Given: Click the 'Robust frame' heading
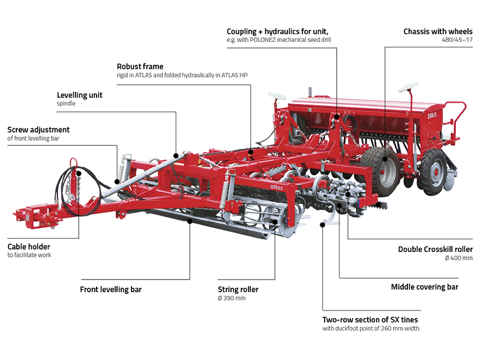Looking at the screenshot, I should (x=140, y=67).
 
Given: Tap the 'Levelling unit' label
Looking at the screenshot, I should (x=79, y=95).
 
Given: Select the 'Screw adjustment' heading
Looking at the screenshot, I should (x=38, y=130).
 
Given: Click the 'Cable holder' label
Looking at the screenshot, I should (x=29, y=246).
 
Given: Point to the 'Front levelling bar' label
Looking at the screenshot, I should (x=110, y=289).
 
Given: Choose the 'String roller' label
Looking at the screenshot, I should (x=238, y=289).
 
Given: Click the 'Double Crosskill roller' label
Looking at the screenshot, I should (x=435, y=249).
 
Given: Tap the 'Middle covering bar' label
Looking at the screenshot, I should (x=424, y=287).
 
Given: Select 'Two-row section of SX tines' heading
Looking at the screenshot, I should (x=370, y=319).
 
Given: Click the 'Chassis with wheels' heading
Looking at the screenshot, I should (x=437, y=31).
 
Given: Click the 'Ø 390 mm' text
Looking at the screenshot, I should (x=232, y=298).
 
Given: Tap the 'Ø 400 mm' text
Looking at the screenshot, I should (x=459, y=259).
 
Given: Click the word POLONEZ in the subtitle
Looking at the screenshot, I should (x=274, y=40).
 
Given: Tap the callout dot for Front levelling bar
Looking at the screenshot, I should (x=190, y=221).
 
